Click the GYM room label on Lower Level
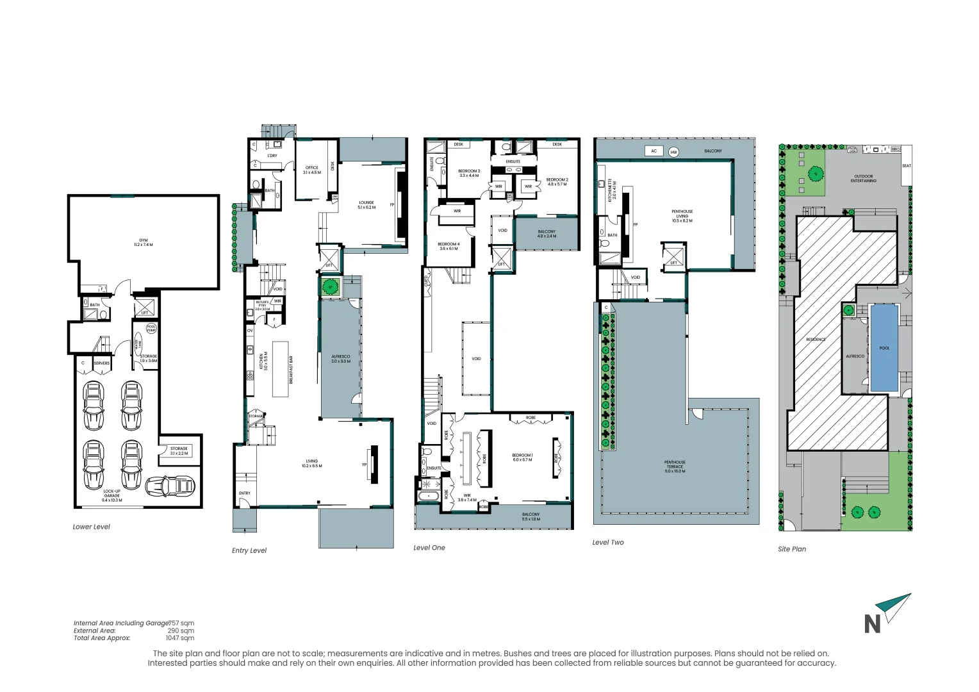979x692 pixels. [143, 242]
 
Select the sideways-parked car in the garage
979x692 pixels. [170, 486]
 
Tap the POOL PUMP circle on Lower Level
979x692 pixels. [151, 328]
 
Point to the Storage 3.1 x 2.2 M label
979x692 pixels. [179, 450]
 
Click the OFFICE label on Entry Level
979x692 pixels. [311, 170]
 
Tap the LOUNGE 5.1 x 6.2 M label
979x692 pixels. [366, 204]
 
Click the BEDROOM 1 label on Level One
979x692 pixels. [522, 457]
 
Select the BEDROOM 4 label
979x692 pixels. [448, 246]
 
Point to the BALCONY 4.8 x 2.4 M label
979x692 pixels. [547, 233]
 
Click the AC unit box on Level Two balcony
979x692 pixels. [654, 151]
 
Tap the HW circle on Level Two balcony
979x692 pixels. [673, 152]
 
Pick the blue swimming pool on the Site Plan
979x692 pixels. [884, 348]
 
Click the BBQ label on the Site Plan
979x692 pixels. [895, 149]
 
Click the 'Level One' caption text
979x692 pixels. [429, 548]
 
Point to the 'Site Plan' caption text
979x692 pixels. [792, 549]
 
